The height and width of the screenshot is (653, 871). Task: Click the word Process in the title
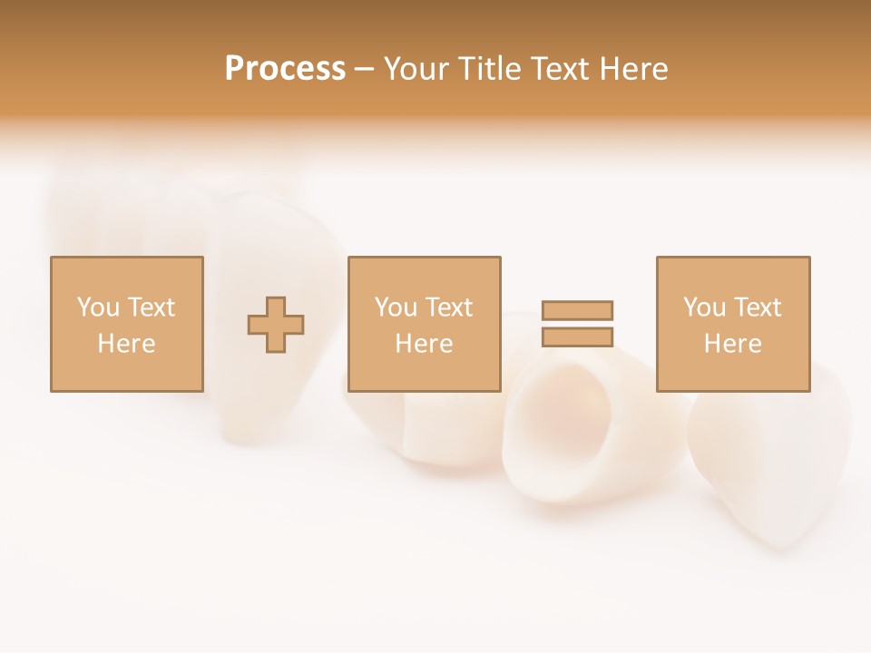[x=285, y=69]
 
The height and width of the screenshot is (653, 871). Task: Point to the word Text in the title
[x=564, y=69]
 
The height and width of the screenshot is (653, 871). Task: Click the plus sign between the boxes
[x=276, y=325]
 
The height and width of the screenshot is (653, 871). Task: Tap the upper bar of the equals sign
[x=577, y=310]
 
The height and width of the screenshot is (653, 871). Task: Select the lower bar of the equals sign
[x=577, y=336]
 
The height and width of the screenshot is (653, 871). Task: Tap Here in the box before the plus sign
[x=126, y=344]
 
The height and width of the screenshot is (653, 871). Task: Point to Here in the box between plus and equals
[x=424, y=344]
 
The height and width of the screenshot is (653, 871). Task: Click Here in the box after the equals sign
[x=732, y=344]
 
